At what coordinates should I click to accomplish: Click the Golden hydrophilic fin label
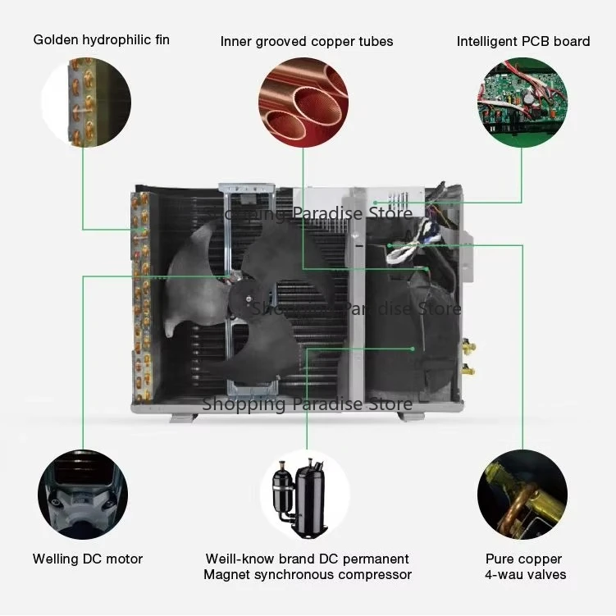[x=102, y=39]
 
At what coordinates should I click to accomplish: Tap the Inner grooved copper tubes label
[x=307, y=41]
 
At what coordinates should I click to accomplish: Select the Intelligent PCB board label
[x=523, y=41]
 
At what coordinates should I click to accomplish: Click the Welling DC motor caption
[x=88, y=559]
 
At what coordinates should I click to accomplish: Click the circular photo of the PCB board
[x=522, y=103]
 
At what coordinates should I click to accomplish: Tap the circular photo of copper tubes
[x=304, y=102]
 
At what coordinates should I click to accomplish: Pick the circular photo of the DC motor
[x=83, y=495]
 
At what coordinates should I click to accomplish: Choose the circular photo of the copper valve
[x=522, y=495]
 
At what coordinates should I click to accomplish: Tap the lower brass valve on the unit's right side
[x=468, y=369]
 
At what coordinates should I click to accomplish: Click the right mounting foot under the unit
[x=411, y=416]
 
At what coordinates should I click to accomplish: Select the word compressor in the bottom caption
[x=373, y=575]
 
